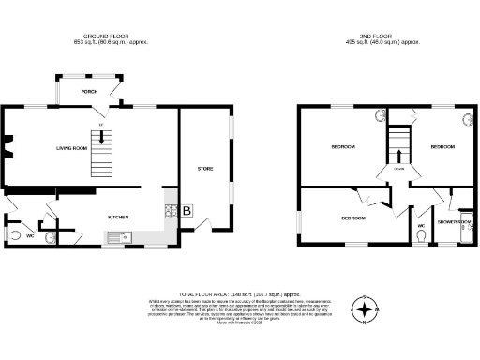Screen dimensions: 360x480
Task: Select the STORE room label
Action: [205, 169]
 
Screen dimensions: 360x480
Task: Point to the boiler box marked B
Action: [187, 212]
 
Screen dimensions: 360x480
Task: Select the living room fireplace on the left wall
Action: [6, 147]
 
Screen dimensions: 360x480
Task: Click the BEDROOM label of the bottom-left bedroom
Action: [352, 218]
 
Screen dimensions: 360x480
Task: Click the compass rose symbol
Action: [366, 307]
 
